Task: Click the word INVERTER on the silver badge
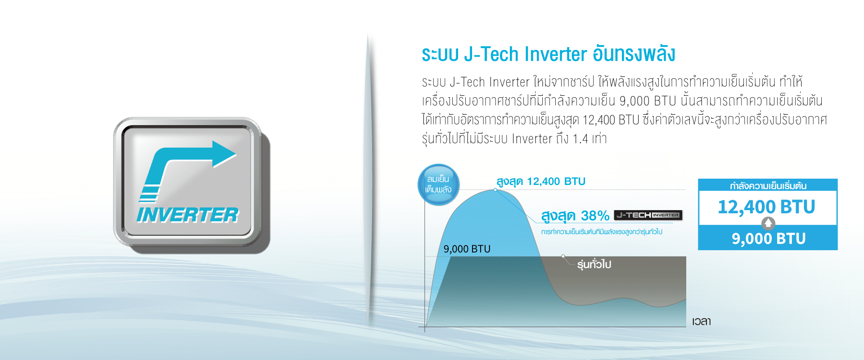[x=188, y=215]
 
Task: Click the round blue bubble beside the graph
[x=439, y=184]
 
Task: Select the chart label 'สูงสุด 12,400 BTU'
[x=540, y=181]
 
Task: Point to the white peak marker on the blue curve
[x=495, y=190]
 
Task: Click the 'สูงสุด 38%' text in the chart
[x=575, y=216]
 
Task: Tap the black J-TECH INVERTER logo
[x=648, y=215]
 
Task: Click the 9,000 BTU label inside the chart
[x=467, y=249]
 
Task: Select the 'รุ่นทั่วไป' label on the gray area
[x=594, y=264]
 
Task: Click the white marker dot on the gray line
[x=563, y=256]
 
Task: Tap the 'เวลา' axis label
[x=702, y=321]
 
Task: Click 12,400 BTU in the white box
[x=766, y=207]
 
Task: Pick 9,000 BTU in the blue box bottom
[x=769, y=238]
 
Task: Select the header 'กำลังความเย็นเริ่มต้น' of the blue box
[x=768, y=185]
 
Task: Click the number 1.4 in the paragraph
[x=580, y=139]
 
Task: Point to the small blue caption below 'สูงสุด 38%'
[x=602, y=232]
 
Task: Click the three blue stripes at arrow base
[x=149, y=194]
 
